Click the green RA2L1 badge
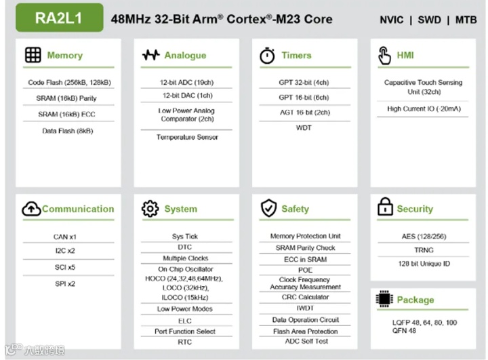click(x=60, y=18)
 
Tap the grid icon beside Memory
click(x=33, y=55)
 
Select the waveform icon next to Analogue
click(x=150, y=55)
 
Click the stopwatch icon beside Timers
click(x=268, y=56)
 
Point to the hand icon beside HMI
click(x=384, y=56)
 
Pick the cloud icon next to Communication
click(x=31, y=209)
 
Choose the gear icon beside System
click(x=150, y=209)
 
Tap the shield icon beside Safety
click(x=268, y=209)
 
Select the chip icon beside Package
click(x=384, y=299)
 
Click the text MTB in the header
click(x=466, y=20)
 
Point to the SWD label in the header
click(x=428, y=20)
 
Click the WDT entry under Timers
click(x=304, y=127)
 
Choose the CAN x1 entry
click(x=64, y=237)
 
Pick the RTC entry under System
click(x=185, y=342)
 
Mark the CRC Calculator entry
click(x=305, y=297)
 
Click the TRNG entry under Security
click(x=424, y=249)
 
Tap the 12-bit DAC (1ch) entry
click(x=186, y=96)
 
